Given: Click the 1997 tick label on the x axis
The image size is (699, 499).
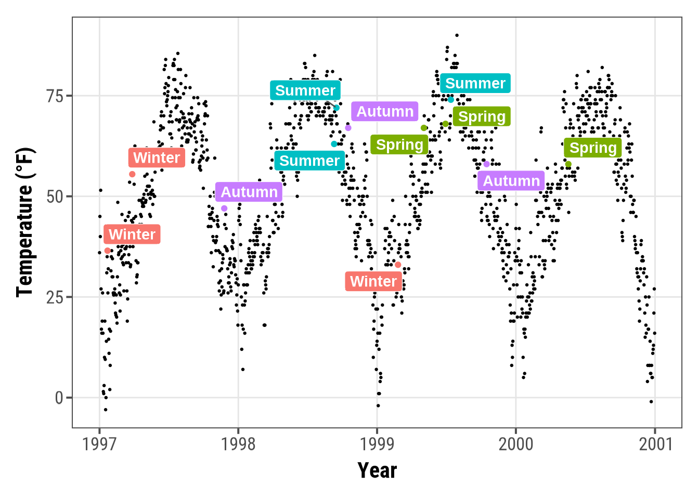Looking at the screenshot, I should (99, 444).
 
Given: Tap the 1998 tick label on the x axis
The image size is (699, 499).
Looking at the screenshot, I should (238, 444).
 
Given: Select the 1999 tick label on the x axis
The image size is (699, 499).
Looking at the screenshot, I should (377, 444).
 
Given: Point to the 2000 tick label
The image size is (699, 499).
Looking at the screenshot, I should (516, 444).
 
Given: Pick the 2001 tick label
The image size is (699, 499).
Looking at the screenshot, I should (655, 444).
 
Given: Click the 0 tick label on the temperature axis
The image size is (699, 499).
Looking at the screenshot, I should (59, 398).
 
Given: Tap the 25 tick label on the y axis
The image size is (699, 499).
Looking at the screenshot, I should (55, 297).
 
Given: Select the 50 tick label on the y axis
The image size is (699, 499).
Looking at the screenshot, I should (55, 197).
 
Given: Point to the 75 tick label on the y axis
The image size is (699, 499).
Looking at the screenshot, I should (55, 96).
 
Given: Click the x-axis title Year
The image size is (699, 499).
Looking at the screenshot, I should (377, 470).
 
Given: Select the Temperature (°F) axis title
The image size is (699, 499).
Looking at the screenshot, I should (25, 222).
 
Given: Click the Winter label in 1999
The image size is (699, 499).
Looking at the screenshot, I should (373, 281).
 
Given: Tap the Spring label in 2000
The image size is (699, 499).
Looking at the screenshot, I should (593, 148).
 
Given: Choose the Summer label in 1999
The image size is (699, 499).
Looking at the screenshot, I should (475, 83).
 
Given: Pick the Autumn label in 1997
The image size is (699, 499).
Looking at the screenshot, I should (249, 192).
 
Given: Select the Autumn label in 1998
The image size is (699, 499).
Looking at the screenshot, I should (385, 111).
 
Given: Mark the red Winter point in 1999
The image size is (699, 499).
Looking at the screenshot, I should (398, 265).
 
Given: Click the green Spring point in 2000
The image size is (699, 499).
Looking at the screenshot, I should (568, 164).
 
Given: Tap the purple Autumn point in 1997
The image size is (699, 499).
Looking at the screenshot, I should (224, 208).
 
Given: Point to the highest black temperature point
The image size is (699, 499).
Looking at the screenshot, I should (457, 35).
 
